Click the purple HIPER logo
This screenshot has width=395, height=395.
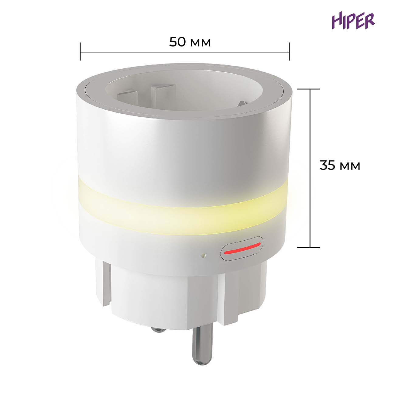353,21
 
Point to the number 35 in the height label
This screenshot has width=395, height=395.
327,166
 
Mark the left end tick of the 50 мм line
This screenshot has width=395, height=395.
80,52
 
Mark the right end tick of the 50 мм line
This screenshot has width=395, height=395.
289,52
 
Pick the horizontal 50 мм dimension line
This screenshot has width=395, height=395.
185,52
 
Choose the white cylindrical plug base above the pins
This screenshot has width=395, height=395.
164,292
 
